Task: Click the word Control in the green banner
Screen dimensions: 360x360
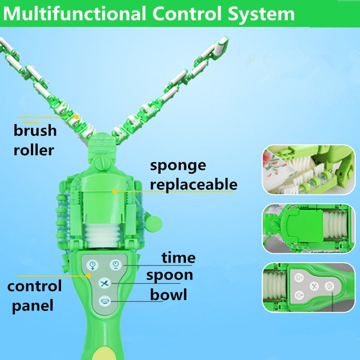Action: coord(183,14)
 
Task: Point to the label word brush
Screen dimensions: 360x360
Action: coord(35,130)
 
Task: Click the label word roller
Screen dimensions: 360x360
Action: coord(34,150)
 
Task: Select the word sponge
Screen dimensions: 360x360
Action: coord(178,165)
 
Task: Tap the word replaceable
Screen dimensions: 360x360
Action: coord(194,184)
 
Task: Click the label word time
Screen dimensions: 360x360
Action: coord(178,257)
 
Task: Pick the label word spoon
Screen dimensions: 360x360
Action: coord(169,275)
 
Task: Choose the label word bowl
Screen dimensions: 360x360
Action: coord(169,294)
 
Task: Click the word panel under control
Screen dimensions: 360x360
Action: coord(33,305)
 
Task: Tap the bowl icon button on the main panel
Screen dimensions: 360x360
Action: coord(104,301)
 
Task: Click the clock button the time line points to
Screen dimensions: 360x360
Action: coord(115,265)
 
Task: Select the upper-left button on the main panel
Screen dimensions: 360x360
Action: coord(92,266)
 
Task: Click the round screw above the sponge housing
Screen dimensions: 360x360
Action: coord(102,162)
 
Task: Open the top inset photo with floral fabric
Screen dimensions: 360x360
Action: coord(307,169)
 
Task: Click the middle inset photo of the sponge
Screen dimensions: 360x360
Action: coord(307,229)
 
